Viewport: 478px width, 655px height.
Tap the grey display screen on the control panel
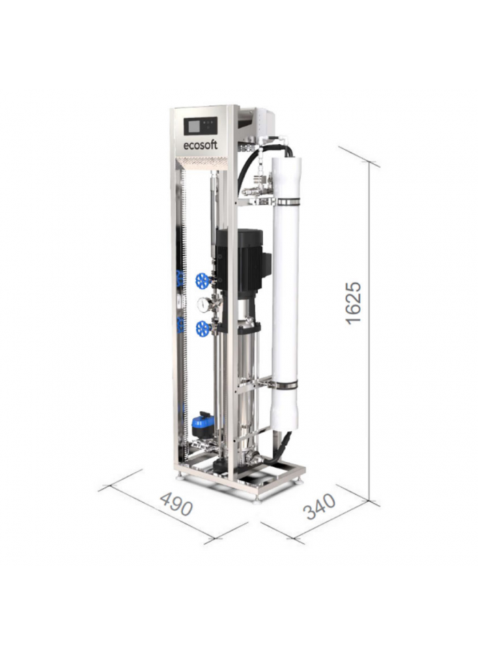pos(195,126)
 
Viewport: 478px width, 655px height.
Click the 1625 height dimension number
pos(354,301)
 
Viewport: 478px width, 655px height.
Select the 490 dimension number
pos(176,504)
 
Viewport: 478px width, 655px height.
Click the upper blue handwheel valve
pos(202,280)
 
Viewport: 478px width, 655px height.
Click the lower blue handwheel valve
pos(203,328)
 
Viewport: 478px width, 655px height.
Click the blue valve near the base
pos(202,424)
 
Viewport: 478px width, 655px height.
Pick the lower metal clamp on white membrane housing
pos(286,385)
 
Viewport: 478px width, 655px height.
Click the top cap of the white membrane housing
pos(286,164)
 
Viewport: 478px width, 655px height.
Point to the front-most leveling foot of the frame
pos(257,497)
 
